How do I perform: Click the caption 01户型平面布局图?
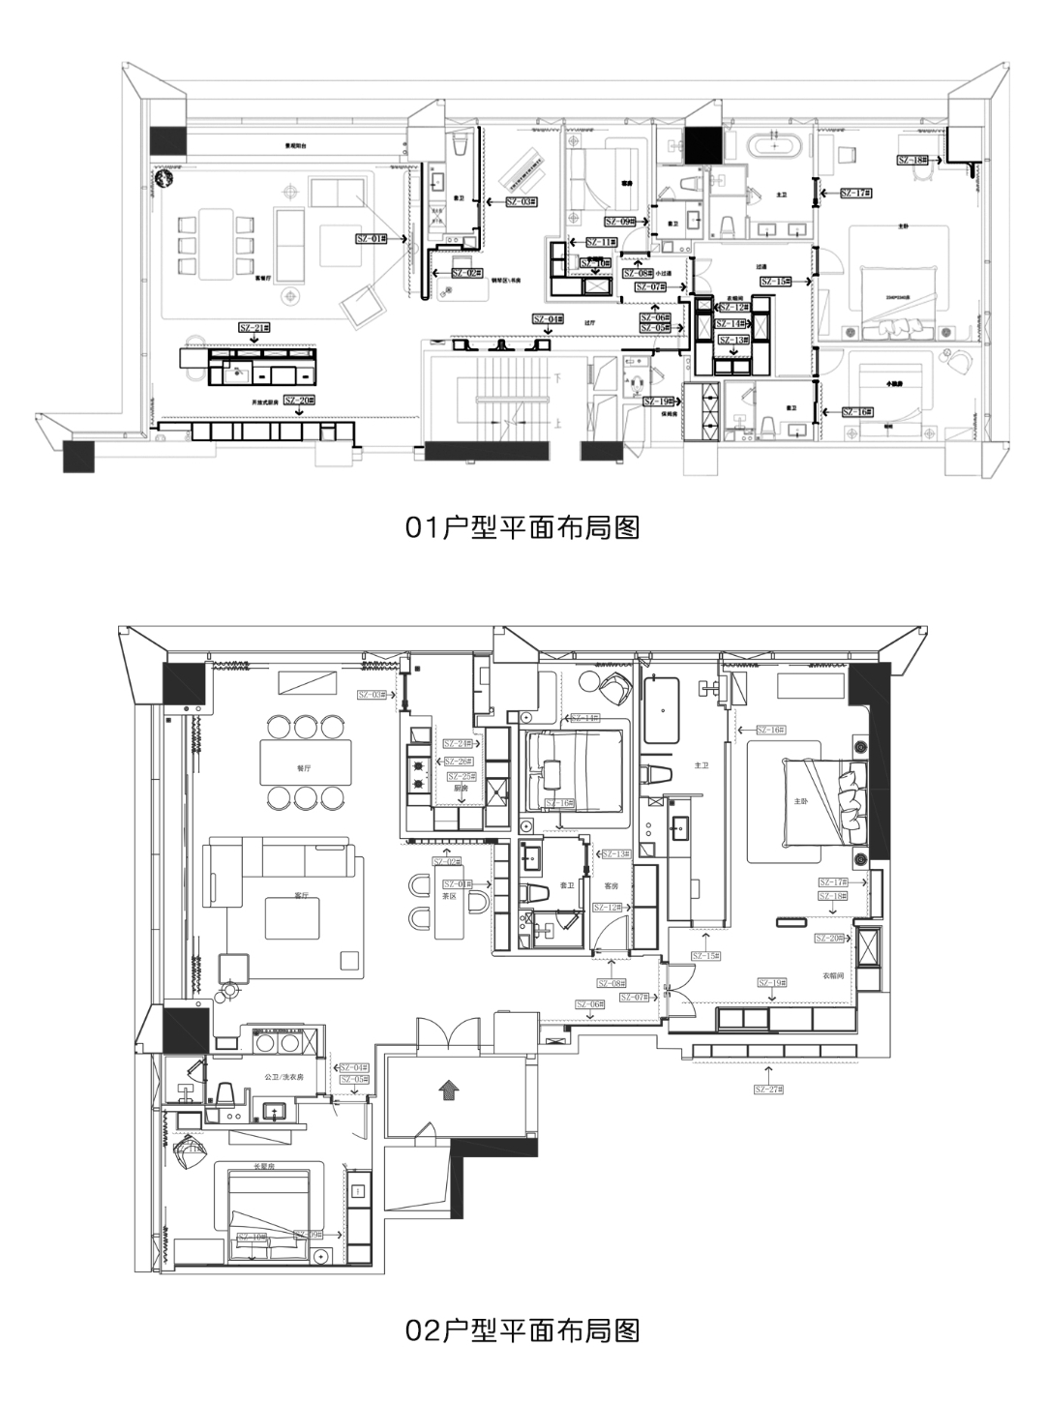[x=522, y=528]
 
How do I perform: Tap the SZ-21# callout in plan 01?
[x=254, y=328]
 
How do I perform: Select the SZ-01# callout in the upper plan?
[x=369, y=237]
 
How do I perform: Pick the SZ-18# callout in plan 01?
[x=911, y=160]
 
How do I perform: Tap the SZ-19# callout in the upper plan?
[x=658, y=401]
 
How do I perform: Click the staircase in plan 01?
[x=503, y=399]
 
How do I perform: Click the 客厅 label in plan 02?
[x=301, y=895]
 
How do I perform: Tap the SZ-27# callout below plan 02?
[x=769, y=1089]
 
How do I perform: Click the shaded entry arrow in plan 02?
[x=447, y=1090]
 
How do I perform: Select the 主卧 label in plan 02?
[x=800, y=801]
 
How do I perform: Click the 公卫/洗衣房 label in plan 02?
[x=284, y=1076]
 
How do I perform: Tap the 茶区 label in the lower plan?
[x=450, y=895]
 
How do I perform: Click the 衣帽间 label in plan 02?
[x=833, y=976]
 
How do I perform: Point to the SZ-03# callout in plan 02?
[x=371, y=695]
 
